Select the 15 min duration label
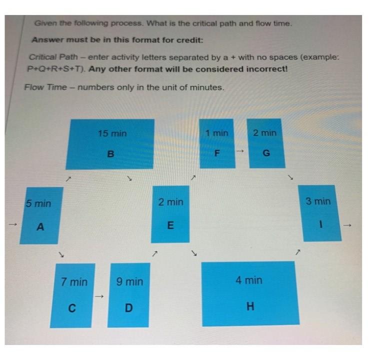112,133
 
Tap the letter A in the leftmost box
41,227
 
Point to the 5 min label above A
38,203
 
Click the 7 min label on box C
74,282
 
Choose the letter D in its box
128,307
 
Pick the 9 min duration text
129,282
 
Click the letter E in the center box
170,226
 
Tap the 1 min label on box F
216,133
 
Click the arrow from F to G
239,150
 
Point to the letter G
266,153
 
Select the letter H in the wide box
250,306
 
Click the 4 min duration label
249,280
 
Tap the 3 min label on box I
318,201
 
